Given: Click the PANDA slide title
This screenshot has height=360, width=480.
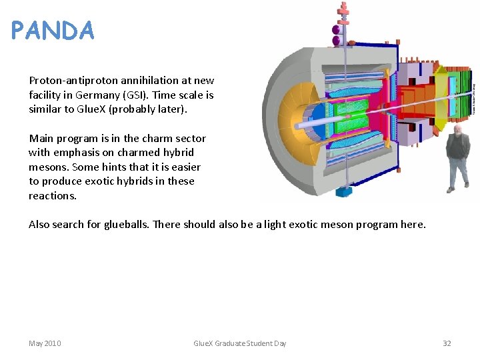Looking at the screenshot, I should pos(53,31).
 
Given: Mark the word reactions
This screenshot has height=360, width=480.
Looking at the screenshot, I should pos(53,196).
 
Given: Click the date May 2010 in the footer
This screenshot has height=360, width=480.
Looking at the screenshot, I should pos(45,343).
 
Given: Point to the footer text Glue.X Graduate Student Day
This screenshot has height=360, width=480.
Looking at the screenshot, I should pos(239,343).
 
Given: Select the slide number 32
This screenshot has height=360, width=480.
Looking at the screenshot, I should pos(447,343).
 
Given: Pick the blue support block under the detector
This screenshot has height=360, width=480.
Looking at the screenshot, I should pos(344,192).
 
